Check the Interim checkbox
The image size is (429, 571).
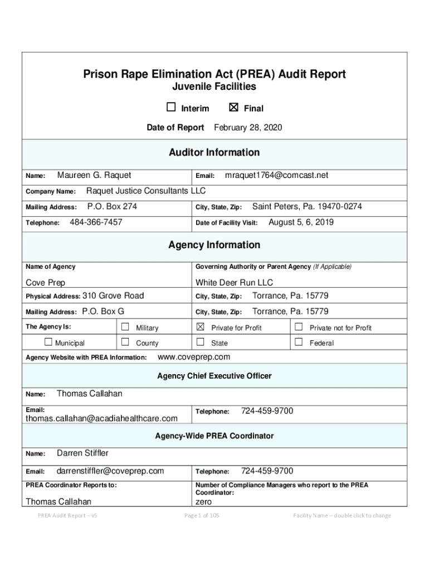point(171,108)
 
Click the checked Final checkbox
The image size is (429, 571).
point(233,108)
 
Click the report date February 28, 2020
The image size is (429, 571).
point(248,128)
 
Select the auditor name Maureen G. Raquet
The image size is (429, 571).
point(94,176)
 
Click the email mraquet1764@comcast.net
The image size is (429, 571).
point(276,176)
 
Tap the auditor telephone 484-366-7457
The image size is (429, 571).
point(96,222)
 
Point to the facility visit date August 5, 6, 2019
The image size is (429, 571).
point(301,222)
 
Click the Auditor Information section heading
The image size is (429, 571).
point(214,153)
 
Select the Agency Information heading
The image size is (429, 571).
point(214,245)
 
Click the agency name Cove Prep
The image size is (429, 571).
point(46,283)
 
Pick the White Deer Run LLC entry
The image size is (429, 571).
point(234,283)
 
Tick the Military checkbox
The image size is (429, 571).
point(125,327)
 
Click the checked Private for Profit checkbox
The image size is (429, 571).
point(201,327)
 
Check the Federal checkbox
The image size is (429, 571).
point(299,342)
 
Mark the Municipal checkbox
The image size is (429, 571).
point(48,342)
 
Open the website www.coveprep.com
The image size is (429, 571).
point(194,357)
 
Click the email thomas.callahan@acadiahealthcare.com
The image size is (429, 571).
point(102,418)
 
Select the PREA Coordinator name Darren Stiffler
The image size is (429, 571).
point(82,453)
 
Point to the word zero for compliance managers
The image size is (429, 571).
point(204,502)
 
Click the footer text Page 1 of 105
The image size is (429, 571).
point(202,516)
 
